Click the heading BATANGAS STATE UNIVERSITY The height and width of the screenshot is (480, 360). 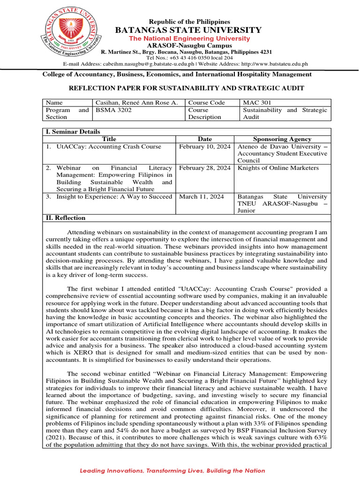click(189, 30)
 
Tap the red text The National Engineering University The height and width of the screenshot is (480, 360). click(189, 38)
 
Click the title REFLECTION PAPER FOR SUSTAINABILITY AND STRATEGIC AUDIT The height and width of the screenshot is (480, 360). click(187, 88)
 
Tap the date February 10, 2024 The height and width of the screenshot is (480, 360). click(205, 147)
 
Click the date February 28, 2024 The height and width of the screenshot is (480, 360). click(205, 168)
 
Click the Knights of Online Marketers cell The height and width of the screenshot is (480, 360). click(278, 168)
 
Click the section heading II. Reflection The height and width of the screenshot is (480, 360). click(65, 218)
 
